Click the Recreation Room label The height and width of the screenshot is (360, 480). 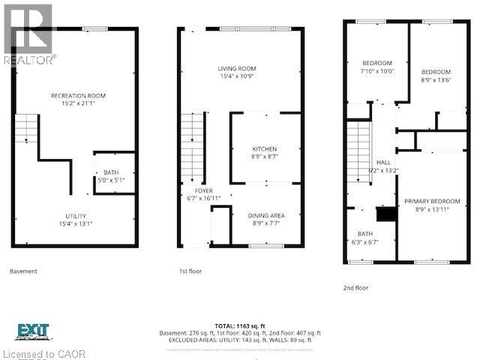[78, 95]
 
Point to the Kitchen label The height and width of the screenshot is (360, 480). [265, 148]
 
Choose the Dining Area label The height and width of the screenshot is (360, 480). [266, 215]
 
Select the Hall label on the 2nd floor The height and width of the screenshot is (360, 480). [383, 161]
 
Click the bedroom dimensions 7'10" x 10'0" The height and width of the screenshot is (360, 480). [377, 71]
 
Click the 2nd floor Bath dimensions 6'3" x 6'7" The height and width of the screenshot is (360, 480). [365, 242]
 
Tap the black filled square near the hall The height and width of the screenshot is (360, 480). [385, 214]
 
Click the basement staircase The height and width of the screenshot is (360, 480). [26, 128]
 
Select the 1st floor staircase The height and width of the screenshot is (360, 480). [193, 147]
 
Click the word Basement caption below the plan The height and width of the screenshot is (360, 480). [23, 271]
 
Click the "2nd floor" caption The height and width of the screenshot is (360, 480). [356, 287]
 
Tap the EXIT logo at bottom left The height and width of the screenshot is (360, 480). [32, 331]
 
